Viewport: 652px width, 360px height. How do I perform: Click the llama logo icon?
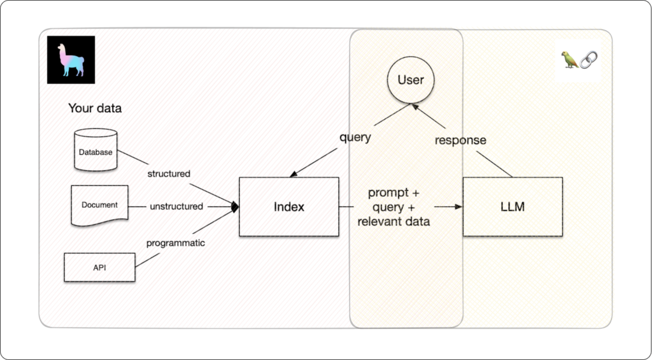(71, 60)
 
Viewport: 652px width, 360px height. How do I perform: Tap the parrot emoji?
(570, 60)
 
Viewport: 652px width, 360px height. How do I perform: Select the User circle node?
(410, 80)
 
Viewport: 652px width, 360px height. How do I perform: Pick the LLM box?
(513, 207)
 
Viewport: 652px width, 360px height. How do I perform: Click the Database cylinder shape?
(96, 150)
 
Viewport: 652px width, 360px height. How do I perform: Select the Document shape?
(99, 205)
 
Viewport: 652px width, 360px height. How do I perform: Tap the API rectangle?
(99, 267)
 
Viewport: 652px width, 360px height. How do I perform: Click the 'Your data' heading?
(95, 108)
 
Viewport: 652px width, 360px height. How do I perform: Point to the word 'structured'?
(169, 173)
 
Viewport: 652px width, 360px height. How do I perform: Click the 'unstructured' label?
(176, 206)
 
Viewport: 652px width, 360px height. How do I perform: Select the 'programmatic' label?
(176, 243)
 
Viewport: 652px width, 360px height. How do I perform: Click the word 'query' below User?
(355, 138)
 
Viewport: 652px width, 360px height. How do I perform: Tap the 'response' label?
(460, 140)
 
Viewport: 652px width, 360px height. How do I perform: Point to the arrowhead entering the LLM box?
(458, 207)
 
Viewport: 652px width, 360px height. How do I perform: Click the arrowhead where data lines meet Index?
(234, 206)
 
